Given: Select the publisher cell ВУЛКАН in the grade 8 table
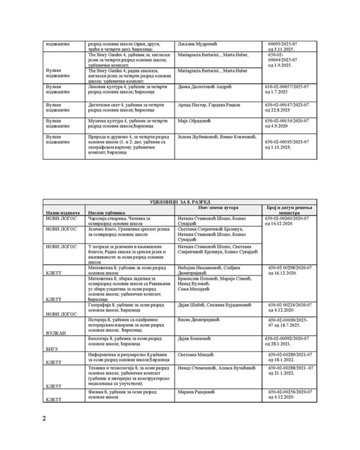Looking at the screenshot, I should pyautogui.click(x=54, y=333).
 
